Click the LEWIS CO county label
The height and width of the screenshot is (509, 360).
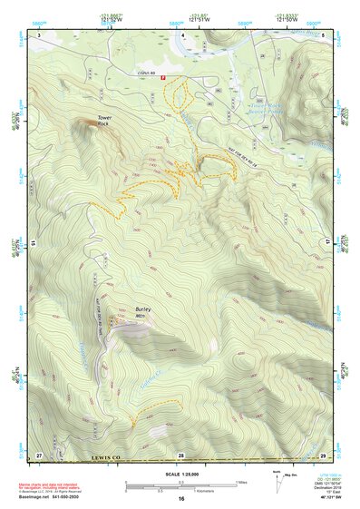click(106, 458)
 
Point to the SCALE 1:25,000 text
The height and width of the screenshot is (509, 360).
click(180, 474)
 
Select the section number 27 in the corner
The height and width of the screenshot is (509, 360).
click(38, 453)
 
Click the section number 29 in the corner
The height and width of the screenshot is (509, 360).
click(323, 453)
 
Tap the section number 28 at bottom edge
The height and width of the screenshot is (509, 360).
click(180, 453)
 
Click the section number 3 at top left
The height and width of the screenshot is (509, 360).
click(39, 34)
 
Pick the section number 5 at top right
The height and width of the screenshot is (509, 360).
click(323, 34)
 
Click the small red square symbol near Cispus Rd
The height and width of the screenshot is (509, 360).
click(162, 79)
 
